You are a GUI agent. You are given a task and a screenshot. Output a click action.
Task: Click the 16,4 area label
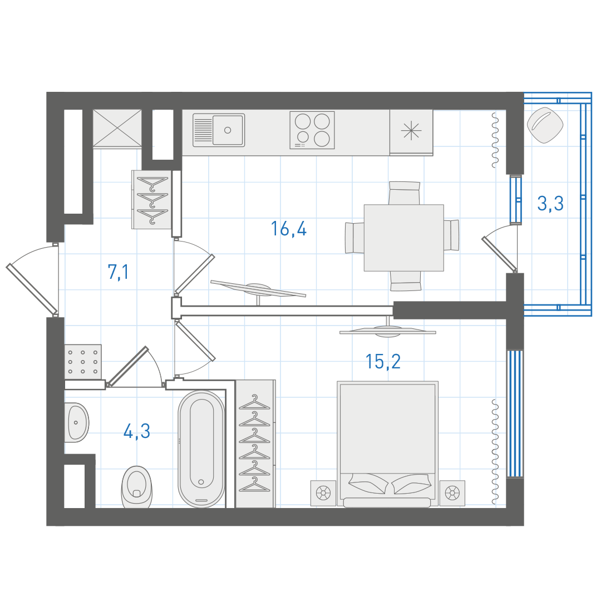click(x=289, y=229)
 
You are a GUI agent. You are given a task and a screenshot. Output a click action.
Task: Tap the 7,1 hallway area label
click(x=119, y=272)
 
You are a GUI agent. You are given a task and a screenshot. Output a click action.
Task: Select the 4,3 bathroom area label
click(x=137, y=431)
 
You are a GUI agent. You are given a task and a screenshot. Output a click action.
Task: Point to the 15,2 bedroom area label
click(x=383, y=362)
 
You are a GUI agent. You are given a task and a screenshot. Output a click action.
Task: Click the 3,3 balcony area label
click(x=550, y=203)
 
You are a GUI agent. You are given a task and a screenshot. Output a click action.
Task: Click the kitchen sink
click(x=219, y=130)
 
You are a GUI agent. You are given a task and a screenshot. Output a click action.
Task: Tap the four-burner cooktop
click(x=312, y=130)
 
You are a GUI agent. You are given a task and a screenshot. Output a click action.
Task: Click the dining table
click(x=404, y=238)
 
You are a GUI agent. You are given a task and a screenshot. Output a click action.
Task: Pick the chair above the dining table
click(x=405, y=193)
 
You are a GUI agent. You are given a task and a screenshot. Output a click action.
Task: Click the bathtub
click(x=201, y=449)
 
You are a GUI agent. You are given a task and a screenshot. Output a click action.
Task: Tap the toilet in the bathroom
click(x=137, y=487)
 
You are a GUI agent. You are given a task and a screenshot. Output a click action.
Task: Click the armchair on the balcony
click(x=545, y=125)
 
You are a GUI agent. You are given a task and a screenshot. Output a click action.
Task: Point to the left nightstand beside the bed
click(x=323, y=493)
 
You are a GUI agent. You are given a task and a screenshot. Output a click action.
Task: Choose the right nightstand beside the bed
click(x=452, y=493)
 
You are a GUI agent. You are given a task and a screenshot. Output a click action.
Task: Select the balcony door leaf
click(x=499, y=253)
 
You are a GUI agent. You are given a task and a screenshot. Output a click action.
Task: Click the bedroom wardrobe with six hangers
click(x=255, y=444)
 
